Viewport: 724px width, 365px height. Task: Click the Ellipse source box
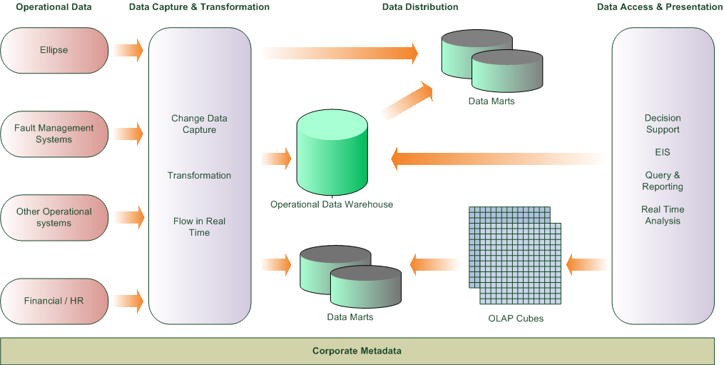pos(54,50)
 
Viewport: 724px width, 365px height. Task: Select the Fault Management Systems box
pos(54,134)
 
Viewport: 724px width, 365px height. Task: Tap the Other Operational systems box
pos(54,217)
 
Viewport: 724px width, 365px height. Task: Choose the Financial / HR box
pos(54,301)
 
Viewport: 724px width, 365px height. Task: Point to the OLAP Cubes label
pos(511,319)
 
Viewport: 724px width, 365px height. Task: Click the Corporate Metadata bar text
pos(357,351)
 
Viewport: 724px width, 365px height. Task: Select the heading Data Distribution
pos(420,7)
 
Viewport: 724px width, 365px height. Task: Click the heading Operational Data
pos(53,7)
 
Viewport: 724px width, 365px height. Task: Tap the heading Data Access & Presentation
pos(660,7)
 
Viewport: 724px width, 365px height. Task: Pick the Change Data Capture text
pos(199,124)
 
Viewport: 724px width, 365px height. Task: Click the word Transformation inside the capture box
pos(199,176)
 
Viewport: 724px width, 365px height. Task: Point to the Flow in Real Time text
pos(199,227)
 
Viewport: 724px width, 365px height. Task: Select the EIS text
pos(663,153)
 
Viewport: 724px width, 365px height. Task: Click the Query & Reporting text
pos(663,181)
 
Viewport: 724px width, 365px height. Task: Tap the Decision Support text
pos(663,124)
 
